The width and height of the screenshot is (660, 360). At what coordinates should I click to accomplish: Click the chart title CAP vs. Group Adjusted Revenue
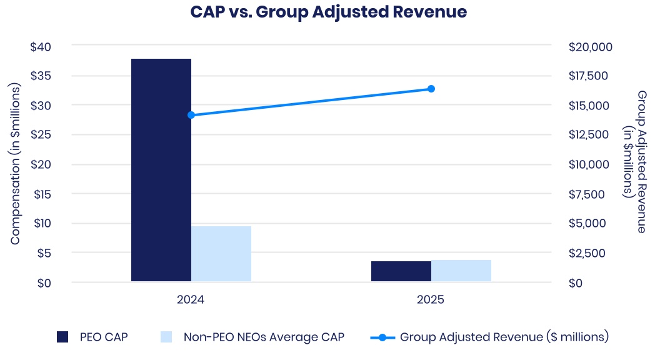point(329,12)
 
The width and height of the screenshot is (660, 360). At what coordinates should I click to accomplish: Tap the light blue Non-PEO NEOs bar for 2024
point(221,254)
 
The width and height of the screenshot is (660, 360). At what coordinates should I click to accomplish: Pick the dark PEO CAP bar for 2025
point(401,271)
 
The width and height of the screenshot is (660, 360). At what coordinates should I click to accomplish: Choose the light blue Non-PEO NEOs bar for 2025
point(461,271)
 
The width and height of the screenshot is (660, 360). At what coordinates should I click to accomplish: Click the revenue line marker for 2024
point(191,115)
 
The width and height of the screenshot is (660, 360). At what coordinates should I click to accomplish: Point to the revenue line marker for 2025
point(431,89)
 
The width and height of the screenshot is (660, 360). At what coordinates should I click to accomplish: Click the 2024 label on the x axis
point(191,300)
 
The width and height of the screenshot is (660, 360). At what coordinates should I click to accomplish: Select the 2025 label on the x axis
point(431,300)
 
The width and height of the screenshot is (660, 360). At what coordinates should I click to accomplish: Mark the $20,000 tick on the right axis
point(591,47)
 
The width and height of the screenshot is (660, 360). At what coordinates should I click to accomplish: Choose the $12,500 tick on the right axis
point(591,135)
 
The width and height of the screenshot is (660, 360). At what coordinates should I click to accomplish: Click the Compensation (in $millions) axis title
point(16,164)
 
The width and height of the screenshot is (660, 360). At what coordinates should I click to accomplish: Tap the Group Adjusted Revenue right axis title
point(635,161)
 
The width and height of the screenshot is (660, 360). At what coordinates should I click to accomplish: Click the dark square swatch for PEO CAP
point(62,337)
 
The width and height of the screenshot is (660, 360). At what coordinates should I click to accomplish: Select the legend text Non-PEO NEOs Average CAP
point(264,337)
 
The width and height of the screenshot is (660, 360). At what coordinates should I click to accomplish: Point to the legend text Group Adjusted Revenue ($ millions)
point(504,337)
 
